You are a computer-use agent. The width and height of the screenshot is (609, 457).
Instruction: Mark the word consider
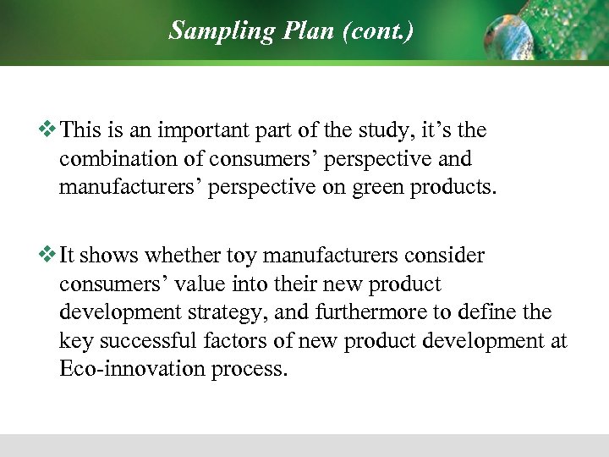(x=449, y=256)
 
